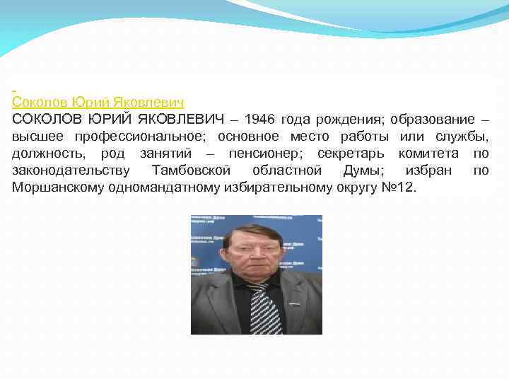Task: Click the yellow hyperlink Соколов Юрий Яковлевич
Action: pyautogui.click(x=98, y=103)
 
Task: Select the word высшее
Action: pyautogui.click(x=36, y=137)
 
